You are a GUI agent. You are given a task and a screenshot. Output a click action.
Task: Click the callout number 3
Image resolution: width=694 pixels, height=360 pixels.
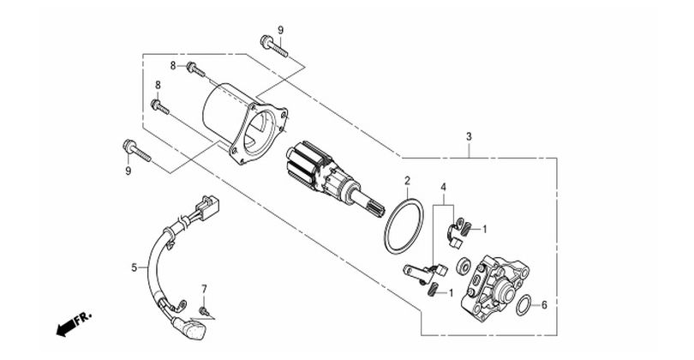tap(469, 136)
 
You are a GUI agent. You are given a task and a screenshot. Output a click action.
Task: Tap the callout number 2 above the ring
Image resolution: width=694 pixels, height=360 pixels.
tap(407, 181)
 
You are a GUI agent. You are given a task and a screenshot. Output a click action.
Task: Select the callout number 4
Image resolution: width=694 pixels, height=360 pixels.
tap(443, 188)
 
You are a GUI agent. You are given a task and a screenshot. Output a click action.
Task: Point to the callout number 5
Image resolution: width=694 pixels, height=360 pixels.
tap(135, 267)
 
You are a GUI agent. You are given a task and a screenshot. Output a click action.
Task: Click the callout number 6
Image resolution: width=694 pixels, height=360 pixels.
tap(544, 304)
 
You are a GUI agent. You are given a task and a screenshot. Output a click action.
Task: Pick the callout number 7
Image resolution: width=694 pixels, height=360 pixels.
tap(204, 289)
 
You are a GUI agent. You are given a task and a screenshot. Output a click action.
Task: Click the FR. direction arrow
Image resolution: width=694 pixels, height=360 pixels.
tap(74, 324)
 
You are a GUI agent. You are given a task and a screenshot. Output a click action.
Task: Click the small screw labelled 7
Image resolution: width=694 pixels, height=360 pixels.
tap(204, 311)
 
